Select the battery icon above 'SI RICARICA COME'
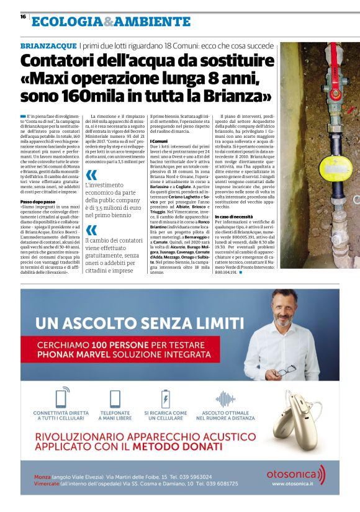coord(165,397)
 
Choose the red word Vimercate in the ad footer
coord(51,483)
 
